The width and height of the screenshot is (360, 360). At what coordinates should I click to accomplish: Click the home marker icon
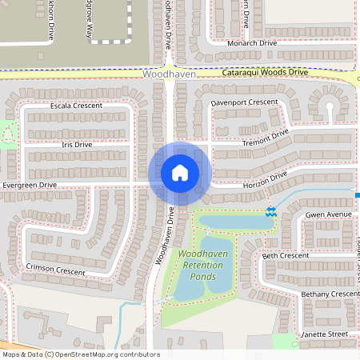[179, 173]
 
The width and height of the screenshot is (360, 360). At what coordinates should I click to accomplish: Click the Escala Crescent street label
[76, 106]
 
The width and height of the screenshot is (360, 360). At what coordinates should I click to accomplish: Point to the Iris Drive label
[77, 145]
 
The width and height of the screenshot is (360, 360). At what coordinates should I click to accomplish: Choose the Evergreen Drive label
[30, 185]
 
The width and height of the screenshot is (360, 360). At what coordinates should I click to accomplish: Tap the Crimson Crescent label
[55, 271]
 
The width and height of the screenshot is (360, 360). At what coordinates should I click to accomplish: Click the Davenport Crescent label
[244, 103]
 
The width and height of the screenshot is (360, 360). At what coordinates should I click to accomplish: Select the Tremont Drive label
[265, 138]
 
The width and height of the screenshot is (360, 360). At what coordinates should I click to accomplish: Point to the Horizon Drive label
[264, 183]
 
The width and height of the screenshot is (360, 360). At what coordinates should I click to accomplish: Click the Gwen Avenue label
[329, 215]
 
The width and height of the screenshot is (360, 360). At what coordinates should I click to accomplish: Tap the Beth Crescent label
[286, 255]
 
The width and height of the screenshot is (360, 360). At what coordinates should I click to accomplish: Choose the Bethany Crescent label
[330, 294]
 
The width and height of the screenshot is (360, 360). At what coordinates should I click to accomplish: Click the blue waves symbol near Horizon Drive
[270, 211]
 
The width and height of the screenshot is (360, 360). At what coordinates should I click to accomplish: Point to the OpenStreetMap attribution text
[81, 354]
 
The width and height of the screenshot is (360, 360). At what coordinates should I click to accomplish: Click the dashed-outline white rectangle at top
[111, 20]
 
